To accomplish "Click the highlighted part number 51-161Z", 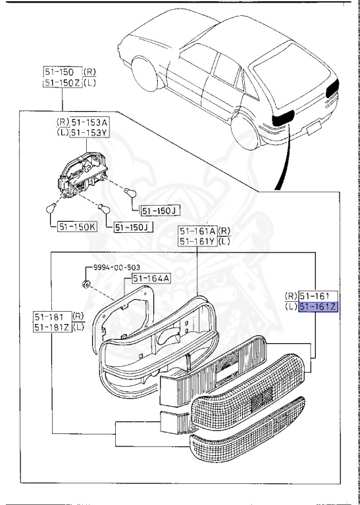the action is point(318,307).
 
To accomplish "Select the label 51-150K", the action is point(78,227).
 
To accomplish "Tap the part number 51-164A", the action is point(151,278).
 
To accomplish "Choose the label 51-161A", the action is point(198,231).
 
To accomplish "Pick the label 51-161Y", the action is point(198,241).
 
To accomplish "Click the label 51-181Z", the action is point(53,327).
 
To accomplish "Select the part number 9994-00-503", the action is point(116,268).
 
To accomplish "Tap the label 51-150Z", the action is point(63,82).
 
